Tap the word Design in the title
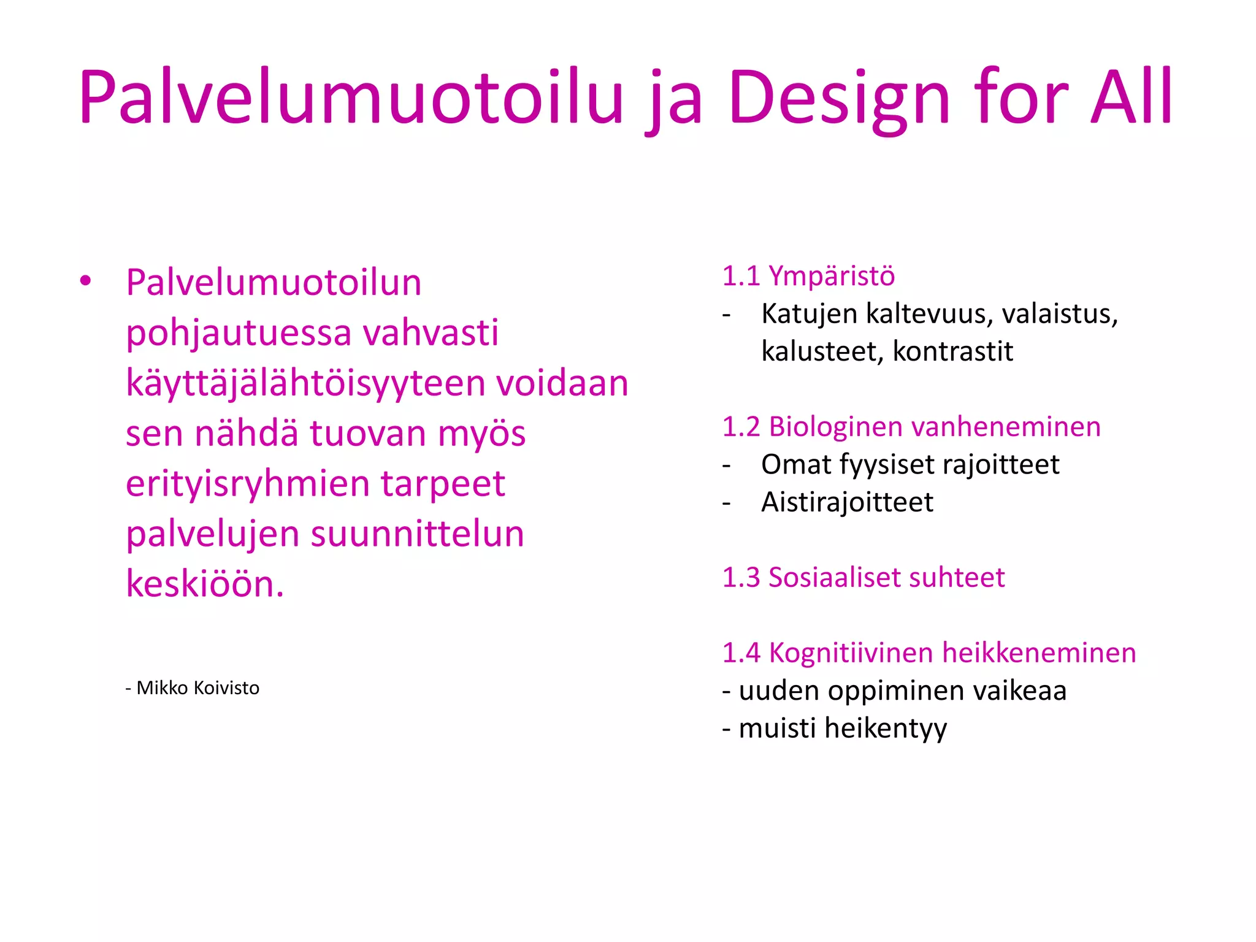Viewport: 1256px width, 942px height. [838, 98]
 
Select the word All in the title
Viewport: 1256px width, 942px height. [1132, 98]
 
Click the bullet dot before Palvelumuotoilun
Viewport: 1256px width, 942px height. [85, 281]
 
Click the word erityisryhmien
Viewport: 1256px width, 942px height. [247, 484]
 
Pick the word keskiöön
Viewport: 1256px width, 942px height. [205, 584]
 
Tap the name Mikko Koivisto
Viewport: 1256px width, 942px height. [197, 688]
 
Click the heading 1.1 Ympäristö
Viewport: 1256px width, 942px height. [808, 277]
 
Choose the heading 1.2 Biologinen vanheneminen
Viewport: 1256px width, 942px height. [911, 427]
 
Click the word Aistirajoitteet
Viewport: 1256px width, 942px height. [847, 502]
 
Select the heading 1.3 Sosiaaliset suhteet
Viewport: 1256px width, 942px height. [863, 578]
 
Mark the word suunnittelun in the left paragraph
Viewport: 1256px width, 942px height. [418, 534]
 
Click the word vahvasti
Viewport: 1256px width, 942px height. [431, 333]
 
